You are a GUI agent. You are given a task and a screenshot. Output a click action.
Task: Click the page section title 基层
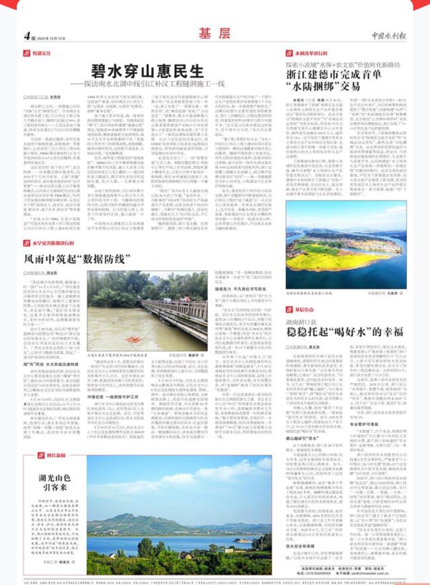(215, 33)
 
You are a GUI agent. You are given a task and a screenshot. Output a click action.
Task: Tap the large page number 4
(27, 36)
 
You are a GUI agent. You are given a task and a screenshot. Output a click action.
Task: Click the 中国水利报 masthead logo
(389, 36)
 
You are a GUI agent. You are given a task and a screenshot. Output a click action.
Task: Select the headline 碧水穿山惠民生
(147, 71)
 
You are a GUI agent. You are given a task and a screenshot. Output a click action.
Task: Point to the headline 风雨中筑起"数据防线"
(77, 259)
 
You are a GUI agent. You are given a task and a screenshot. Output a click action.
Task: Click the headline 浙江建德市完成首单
(334, 74)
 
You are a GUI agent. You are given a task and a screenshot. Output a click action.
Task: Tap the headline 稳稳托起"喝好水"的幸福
(345, 332)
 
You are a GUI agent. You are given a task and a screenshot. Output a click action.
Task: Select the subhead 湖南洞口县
(301, 322)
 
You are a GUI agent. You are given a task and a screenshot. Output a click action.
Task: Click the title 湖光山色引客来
(55, 482)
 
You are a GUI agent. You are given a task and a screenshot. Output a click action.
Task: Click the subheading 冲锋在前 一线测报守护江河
(112, 397)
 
